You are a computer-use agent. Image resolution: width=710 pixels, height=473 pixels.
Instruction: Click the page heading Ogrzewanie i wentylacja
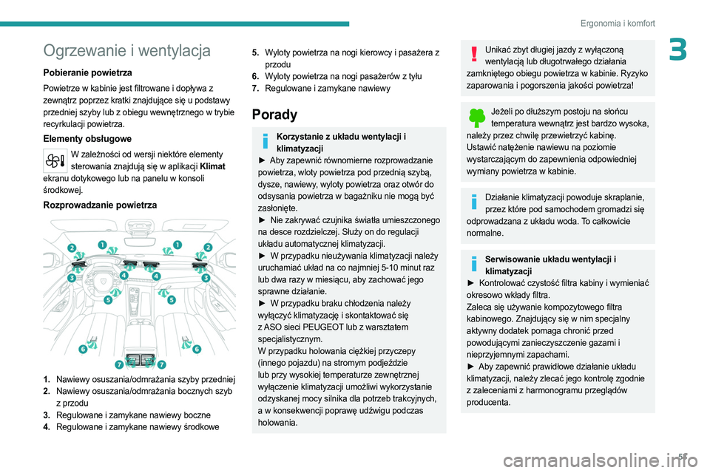pos(127,50)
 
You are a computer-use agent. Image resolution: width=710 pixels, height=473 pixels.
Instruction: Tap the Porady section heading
pos(274,115)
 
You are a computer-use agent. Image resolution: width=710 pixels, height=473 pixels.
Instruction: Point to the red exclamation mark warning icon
pos(473,55)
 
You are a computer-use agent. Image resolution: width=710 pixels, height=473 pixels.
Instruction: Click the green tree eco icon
pos(476,118)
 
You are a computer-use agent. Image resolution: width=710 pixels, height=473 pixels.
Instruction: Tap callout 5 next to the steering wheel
pos(108,301)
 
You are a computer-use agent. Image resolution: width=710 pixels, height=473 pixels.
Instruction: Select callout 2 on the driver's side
pos(72,247)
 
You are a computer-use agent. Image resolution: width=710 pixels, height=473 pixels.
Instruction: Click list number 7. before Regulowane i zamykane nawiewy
pos(255,88)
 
